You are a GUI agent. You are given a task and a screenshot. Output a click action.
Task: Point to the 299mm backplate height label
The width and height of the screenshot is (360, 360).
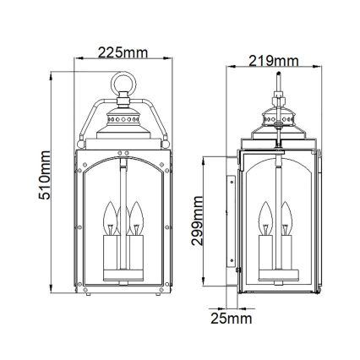coord(196,223)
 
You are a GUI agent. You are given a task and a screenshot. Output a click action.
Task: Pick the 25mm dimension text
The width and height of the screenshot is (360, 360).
coord(232,319)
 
